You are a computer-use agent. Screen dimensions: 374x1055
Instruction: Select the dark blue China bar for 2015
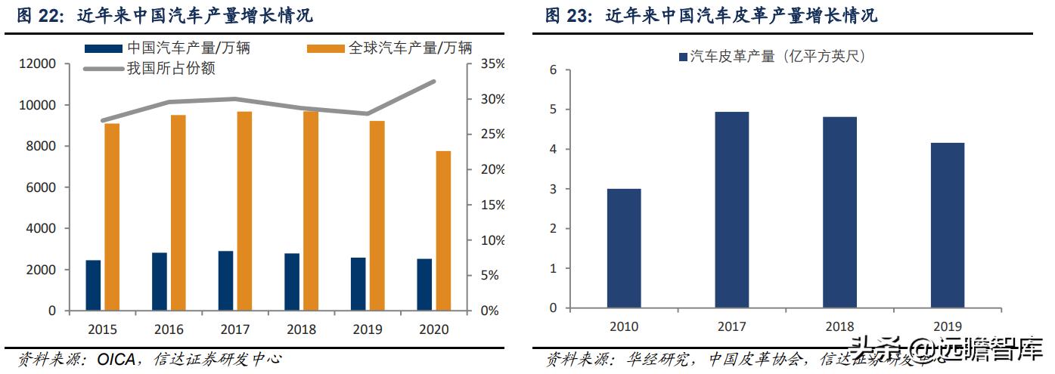93,285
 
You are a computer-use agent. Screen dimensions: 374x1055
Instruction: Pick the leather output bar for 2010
625,248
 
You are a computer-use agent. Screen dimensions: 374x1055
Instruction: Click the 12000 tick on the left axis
38,64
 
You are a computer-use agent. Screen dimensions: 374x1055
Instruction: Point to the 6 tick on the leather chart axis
553,70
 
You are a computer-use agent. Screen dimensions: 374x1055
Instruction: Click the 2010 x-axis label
624,326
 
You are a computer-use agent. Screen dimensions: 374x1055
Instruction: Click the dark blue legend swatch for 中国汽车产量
104,48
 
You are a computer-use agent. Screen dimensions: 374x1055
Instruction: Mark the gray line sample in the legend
104,69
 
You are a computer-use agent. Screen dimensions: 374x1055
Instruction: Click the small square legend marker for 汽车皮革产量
684,57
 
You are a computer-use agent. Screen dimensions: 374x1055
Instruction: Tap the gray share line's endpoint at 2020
434,81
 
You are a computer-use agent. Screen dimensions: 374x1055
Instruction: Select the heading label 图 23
571,16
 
